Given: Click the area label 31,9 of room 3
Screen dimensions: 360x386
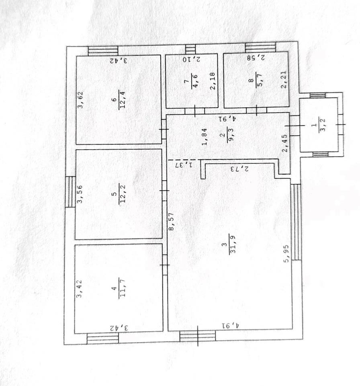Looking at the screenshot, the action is [233, 244].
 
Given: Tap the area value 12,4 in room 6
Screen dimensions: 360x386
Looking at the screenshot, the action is [122, 99].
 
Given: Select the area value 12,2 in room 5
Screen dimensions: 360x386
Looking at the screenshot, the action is [122, 193].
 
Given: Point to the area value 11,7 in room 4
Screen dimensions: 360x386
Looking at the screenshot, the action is [122, 287].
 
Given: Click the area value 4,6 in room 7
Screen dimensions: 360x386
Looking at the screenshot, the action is [194, 81].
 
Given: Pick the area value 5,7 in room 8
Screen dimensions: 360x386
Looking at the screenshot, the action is [260, 80].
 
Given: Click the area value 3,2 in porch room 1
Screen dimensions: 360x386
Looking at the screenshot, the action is [322, 125].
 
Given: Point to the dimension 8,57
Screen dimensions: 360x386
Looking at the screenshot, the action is [172, 221].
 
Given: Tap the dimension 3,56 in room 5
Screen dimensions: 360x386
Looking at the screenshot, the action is [80, 194].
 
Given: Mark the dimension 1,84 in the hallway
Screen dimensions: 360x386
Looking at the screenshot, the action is [205, 137].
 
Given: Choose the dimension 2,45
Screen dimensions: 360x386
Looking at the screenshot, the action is [285, 143].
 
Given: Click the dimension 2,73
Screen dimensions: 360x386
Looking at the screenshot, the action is [240, 169].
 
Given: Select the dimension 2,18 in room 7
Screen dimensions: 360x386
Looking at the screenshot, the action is [213, 80].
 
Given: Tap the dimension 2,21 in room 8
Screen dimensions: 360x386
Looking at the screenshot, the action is [284, 80].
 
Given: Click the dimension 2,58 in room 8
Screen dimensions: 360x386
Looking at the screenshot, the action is [256, 58].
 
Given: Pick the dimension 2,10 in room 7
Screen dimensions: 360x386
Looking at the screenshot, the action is [192, 60].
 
